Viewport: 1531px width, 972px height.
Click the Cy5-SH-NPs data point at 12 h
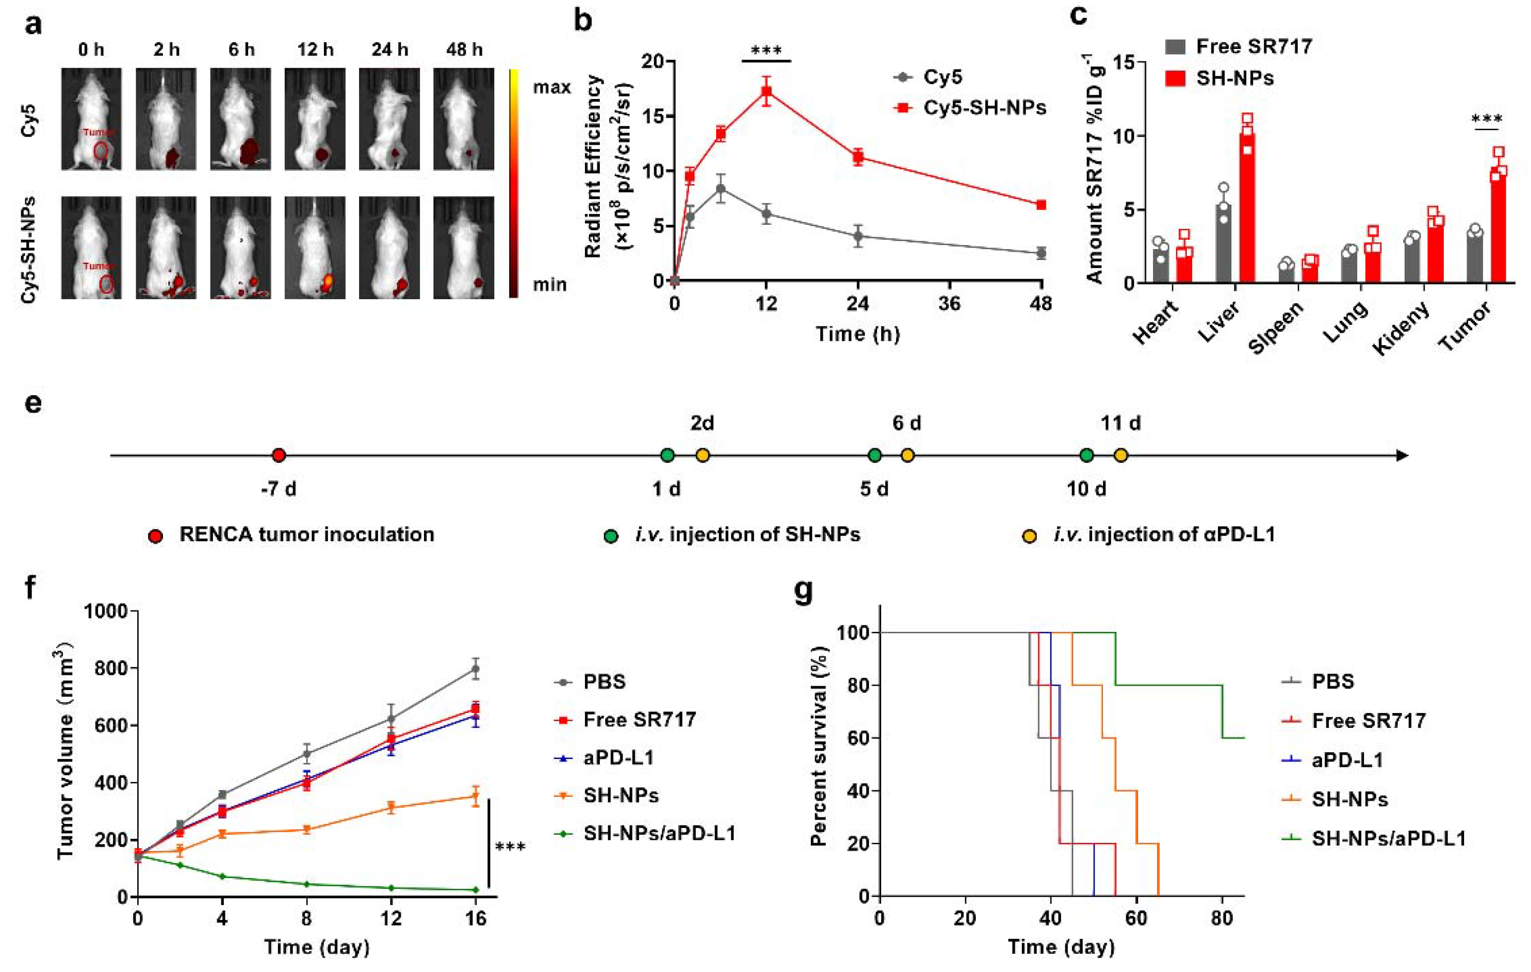coord(767,91)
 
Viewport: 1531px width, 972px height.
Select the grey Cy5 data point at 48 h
coord(1041,253)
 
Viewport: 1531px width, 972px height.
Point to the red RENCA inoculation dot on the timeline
coord(278,455)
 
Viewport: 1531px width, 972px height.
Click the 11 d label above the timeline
coord(1120,423)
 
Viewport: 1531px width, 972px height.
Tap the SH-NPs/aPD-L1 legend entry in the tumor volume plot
coord(659,833)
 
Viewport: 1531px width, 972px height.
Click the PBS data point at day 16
coord(475,669)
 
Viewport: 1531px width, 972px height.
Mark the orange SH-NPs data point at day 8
coord(307,829)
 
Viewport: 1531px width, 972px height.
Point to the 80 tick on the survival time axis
coord(1221,919)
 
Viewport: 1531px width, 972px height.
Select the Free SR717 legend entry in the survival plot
coord(1368,720)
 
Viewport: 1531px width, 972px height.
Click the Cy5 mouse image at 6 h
coord(241,119)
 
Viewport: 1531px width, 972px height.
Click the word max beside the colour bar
coord(551,88)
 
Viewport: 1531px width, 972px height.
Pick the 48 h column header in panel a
coord(464,50)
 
